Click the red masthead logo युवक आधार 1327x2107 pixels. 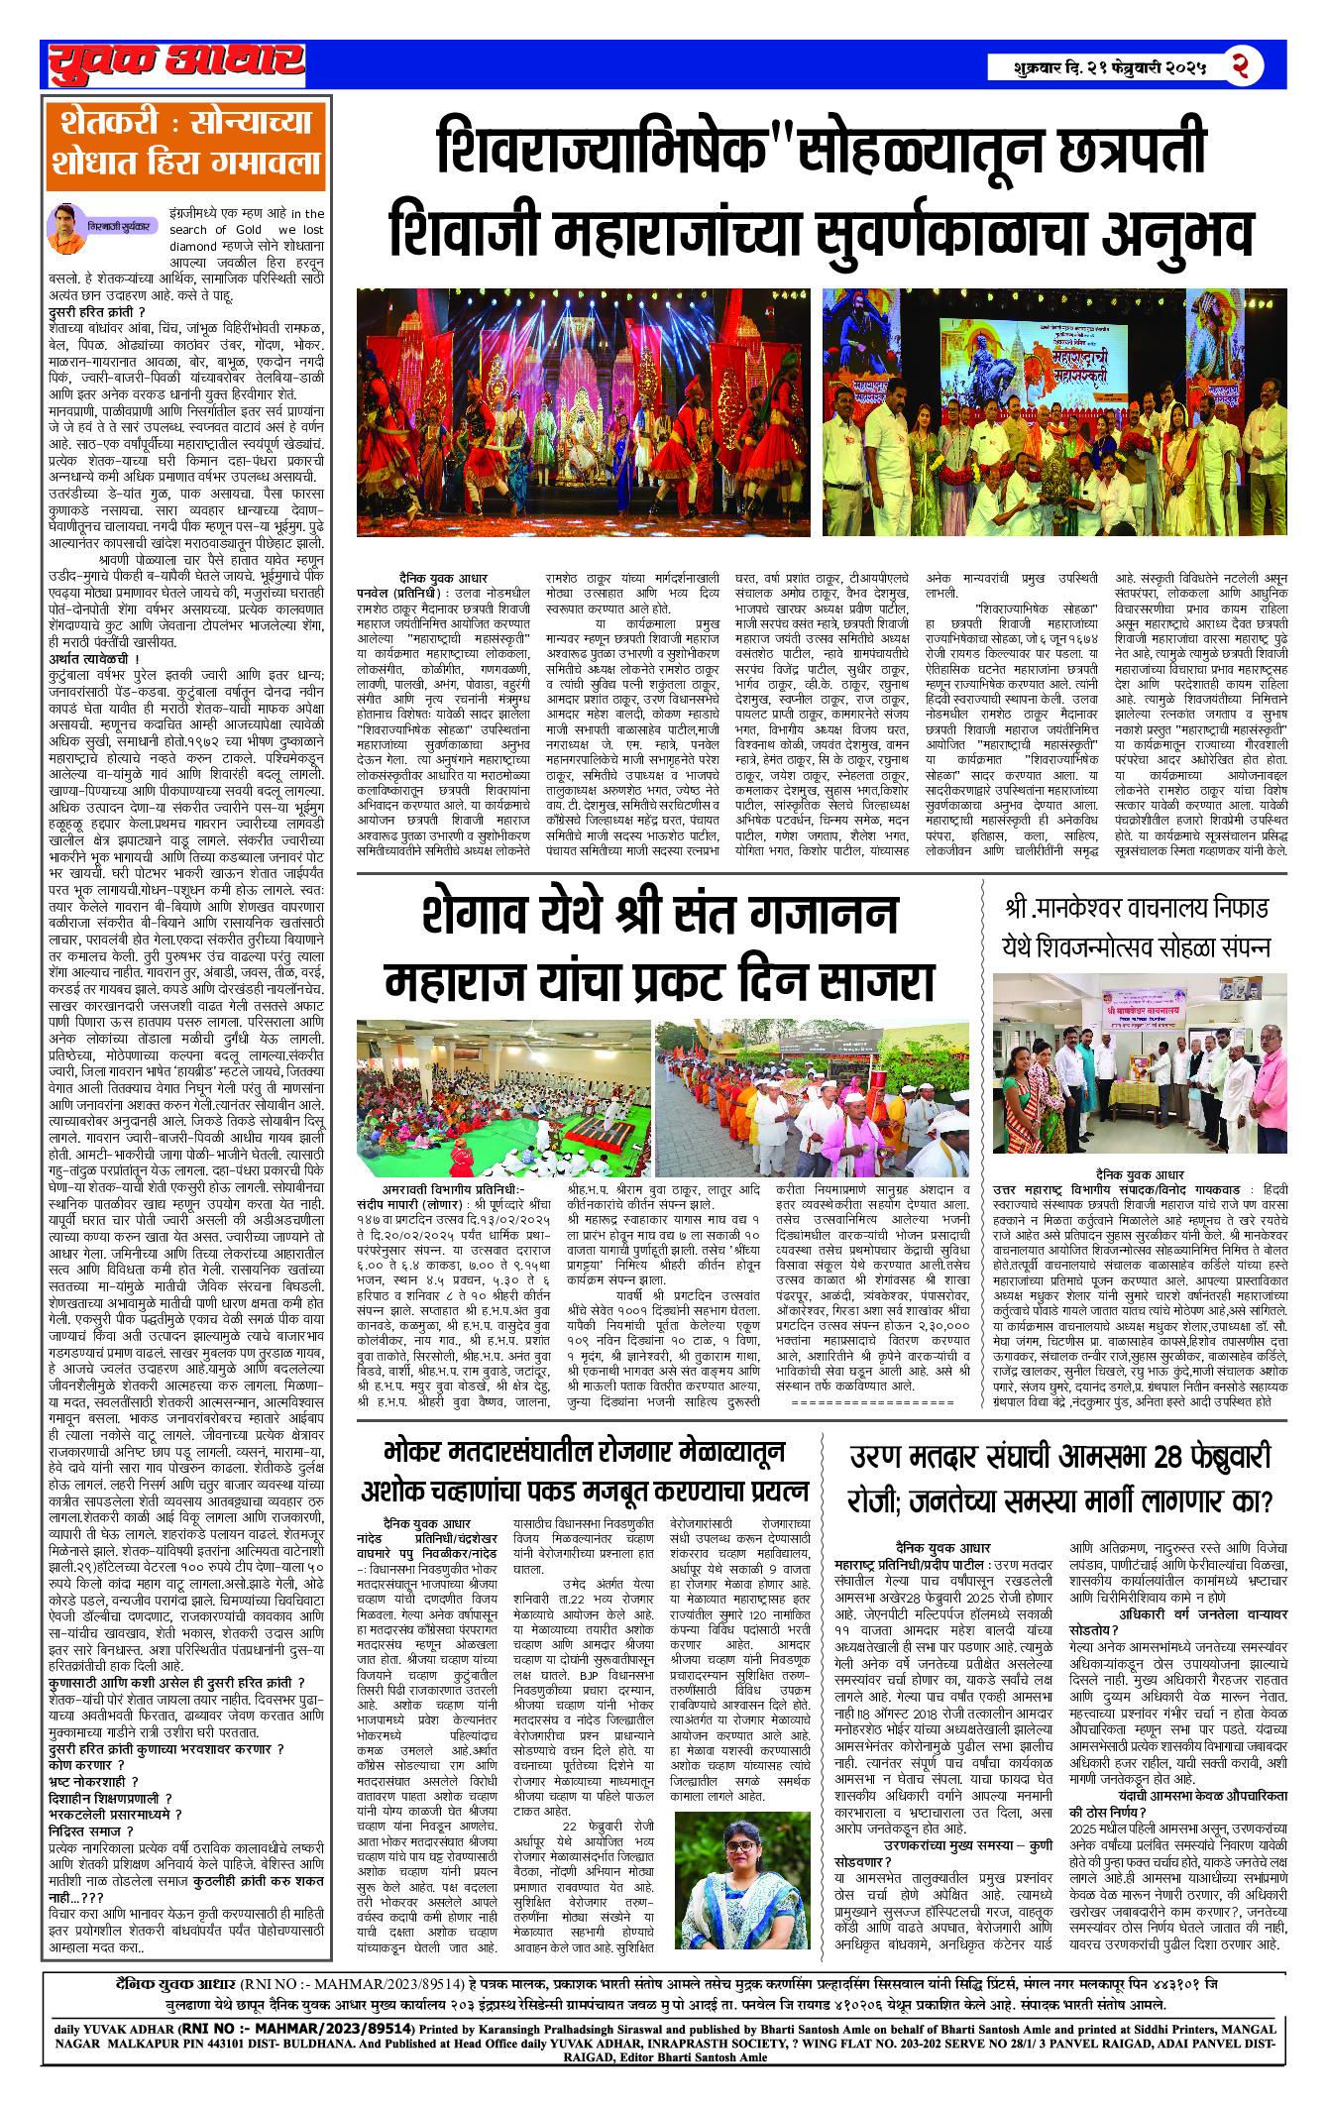click(176, 63)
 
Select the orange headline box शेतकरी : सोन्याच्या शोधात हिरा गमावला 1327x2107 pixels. click(185, 144)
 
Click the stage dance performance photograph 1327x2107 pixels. click(586, 412)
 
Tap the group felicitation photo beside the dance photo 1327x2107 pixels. click(1054, 412)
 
